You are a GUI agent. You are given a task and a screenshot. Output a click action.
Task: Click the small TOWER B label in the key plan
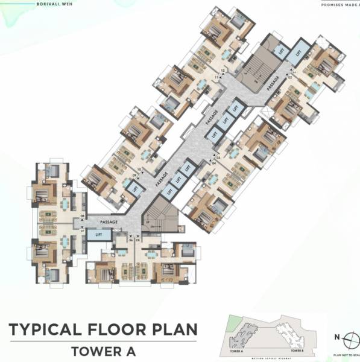(295, 350)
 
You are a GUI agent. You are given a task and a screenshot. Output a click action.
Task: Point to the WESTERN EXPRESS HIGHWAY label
(265, 355)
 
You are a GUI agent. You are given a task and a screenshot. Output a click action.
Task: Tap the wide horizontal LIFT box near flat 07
(98, 235)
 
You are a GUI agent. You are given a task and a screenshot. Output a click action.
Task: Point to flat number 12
(223, 71)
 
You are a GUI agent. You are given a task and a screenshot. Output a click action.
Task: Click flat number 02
(289, 77)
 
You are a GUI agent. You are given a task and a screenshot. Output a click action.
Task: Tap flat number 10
(140, 170)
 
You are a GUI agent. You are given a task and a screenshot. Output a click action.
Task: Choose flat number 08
(83, 215)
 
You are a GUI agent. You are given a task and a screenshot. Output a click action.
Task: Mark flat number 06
(130, 240)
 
